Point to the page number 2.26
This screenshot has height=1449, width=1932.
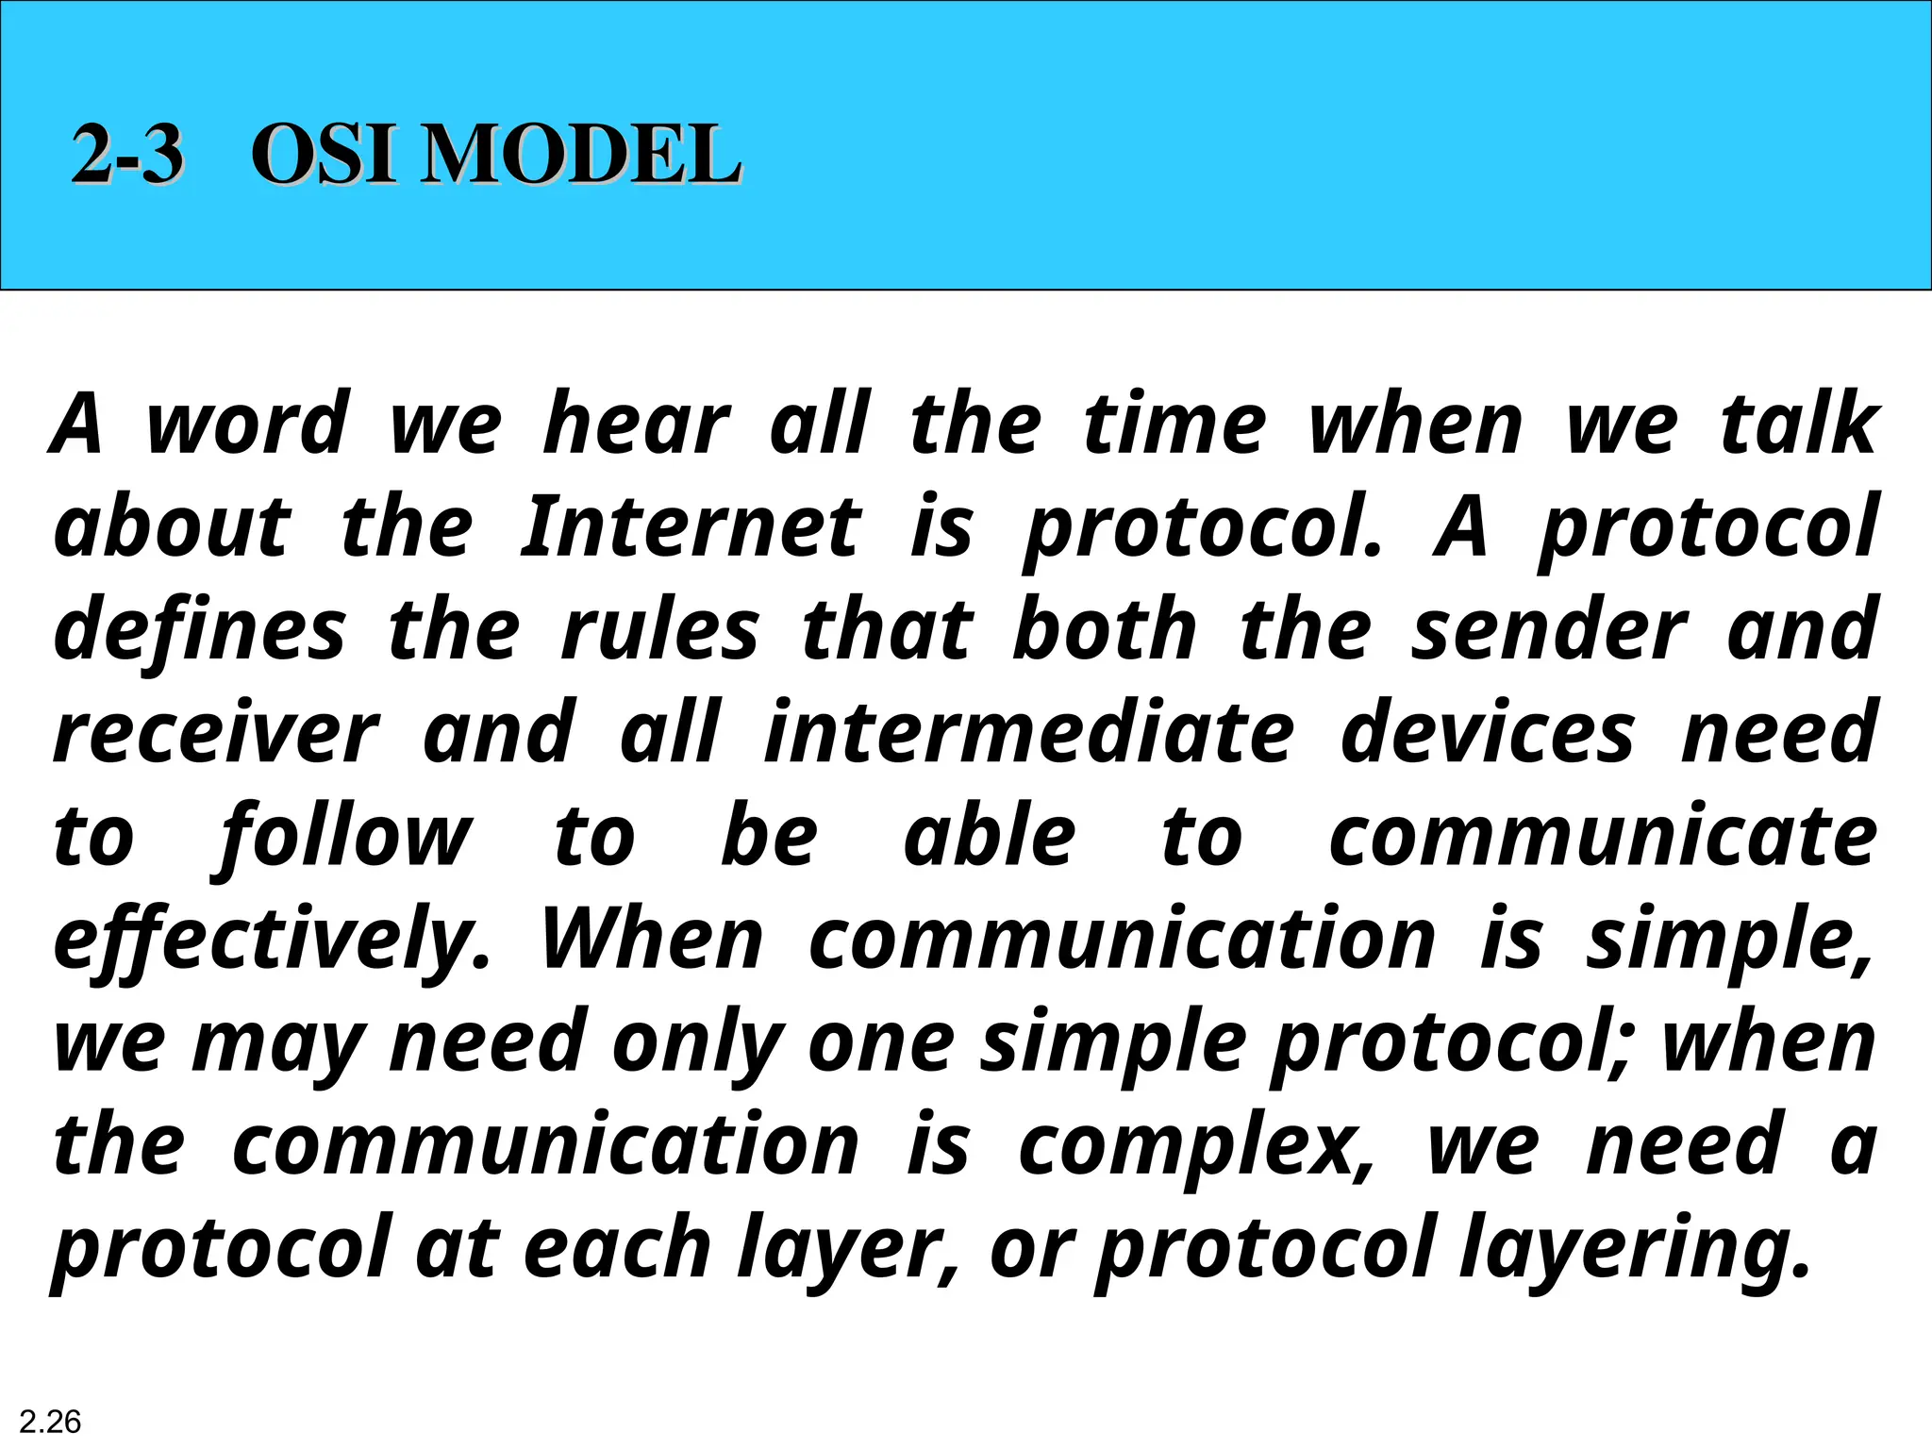tap(50, 1421)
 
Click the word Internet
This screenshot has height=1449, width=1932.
tap(691, 526)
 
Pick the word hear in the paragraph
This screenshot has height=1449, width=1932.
tap(636, 424)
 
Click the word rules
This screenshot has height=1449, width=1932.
tap(659, 630)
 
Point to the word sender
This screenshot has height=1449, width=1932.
tap(1549, 630)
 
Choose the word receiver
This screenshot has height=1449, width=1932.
tap(216, 733)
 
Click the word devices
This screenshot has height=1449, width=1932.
tap(1488, 733)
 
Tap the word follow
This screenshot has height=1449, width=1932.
tap(344, 838)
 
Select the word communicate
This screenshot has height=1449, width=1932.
tap(1603, 836)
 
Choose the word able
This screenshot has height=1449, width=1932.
tap(989, 836)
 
